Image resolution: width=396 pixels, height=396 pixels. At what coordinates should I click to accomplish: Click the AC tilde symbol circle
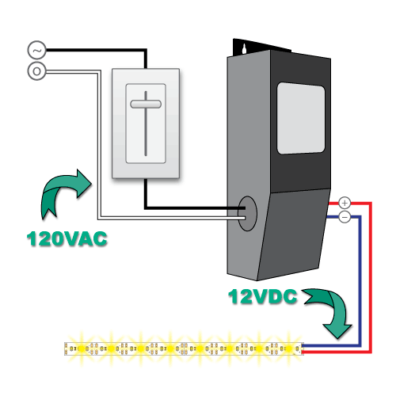37,50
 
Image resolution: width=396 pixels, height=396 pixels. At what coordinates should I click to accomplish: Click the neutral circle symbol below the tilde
37,71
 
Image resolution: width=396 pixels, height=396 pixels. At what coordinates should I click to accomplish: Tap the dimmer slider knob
146,104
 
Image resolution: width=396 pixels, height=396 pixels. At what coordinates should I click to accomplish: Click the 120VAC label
67,239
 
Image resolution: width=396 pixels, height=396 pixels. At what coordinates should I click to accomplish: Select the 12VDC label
263,296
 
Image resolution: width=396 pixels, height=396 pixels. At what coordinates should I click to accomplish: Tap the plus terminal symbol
345,203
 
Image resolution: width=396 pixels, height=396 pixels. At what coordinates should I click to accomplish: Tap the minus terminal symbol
345,217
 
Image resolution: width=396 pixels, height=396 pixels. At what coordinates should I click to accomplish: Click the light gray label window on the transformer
301,118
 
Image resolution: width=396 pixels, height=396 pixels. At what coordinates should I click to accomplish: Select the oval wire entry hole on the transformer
247,213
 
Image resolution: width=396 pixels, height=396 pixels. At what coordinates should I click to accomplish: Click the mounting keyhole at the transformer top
245,48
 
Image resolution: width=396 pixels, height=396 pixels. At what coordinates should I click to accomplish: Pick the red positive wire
371,277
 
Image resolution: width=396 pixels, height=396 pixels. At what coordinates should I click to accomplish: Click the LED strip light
184,348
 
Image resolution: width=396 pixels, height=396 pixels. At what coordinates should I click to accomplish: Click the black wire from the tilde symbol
105,50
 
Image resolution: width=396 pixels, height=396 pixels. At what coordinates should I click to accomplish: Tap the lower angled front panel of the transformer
294,235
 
